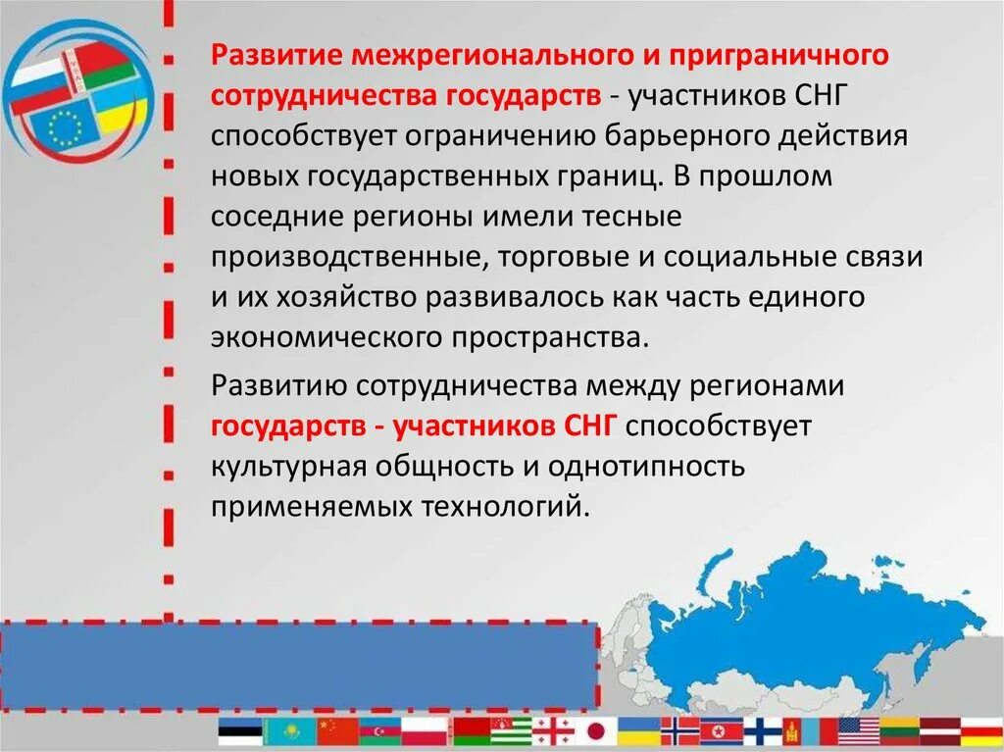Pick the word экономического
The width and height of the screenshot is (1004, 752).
(326, 337)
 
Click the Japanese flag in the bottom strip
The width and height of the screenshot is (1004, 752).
(595, 731)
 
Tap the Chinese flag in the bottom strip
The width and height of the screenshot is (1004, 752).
(341, 731)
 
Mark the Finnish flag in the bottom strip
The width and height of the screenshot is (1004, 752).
(763, 731)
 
